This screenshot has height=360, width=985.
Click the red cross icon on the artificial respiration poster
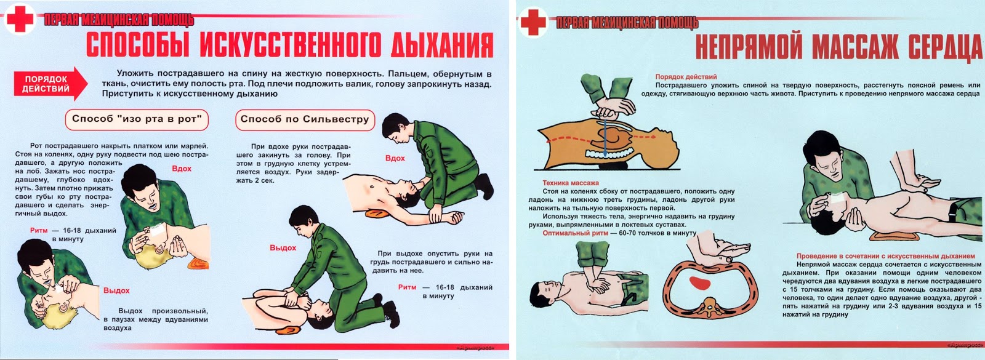coord(19,19)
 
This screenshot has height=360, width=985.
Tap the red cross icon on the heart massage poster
coord(533,22)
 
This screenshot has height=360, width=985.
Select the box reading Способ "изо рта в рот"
coord(137,119)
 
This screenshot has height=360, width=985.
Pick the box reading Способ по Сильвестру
coord(305,119)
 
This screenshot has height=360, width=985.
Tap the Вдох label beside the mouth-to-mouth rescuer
coord(182,169)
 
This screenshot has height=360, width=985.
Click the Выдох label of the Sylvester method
coord(283,248)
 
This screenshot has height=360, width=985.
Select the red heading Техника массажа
coord(570,183)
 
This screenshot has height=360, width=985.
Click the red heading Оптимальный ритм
coord(575,233)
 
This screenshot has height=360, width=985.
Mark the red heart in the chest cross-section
coord(699,283)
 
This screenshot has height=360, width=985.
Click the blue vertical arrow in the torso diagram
coord(605,136)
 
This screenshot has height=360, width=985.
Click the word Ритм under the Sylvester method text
coord(407,287)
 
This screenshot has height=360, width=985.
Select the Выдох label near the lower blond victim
coord(116,290)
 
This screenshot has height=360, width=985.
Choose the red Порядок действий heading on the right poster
coord(686,77)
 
